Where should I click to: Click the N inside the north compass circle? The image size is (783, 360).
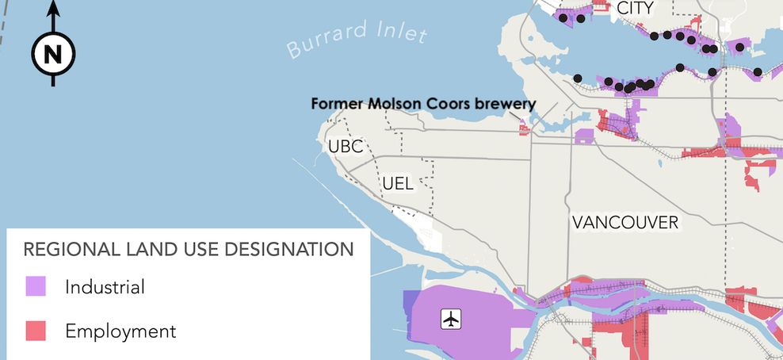tap(53, 55)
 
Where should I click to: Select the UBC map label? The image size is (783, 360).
tap(345, 147)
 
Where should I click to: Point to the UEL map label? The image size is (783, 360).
tap(397, 184)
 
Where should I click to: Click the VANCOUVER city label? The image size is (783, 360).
tap(625, 222)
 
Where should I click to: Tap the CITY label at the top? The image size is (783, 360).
tap(635, 8)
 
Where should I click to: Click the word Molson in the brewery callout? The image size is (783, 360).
tap(382, 104)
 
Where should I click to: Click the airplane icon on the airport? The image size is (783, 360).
tap(451, 320)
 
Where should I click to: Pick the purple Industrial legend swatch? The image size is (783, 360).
tap(36, 286)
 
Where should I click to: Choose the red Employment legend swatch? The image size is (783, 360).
tap(36, 331)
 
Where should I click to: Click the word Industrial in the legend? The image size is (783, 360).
tap(105, 286)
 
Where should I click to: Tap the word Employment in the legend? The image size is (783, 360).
tap(120, 331)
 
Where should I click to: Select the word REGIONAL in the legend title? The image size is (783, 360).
tap(65, 250)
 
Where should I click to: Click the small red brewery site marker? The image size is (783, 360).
tap(523, 128)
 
